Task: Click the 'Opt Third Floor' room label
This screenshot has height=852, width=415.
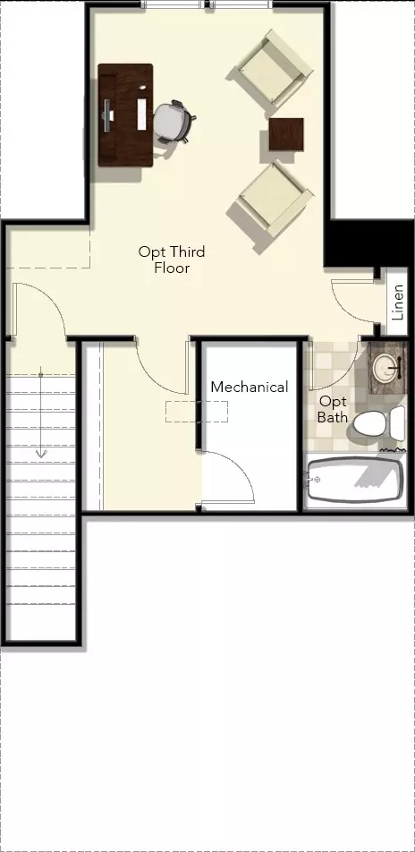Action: coord(172,260)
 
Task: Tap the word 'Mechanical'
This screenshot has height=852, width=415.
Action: coord(250,387)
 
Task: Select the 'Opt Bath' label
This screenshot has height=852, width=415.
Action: coord(333,409)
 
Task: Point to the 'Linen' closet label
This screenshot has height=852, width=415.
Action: coord(398,302)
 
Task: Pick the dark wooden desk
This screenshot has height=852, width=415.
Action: coord(125,115)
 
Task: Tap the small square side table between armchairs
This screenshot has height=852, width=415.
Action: coord(286,134)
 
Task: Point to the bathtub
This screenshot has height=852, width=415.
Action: coord(355,480)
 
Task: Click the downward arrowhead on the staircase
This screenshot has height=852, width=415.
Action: coord(41,452)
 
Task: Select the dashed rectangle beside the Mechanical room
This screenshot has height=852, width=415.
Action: coord(197,412)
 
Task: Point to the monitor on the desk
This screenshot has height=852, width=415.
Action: coord(107,115)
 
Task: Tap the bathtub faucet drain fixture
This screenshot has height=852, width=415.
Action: coord(314,479)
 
